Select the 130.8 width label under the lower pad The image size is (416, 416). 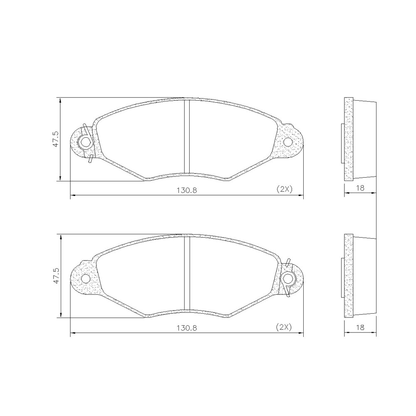187,327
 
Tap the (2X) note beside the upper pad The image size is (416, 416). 285,189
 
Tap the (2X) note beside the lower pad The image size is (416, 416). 285,327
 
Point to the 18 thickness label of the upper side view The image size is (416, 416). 360,188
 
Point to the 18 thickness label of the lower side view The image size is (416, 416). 360,327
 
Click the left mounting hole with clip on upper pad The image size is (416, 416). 86,143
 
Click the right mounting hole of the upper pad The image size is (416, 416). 288,143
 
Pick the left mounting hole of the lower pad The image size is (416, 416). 86,278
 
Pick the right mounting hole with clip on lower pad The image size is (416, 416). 288,278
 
